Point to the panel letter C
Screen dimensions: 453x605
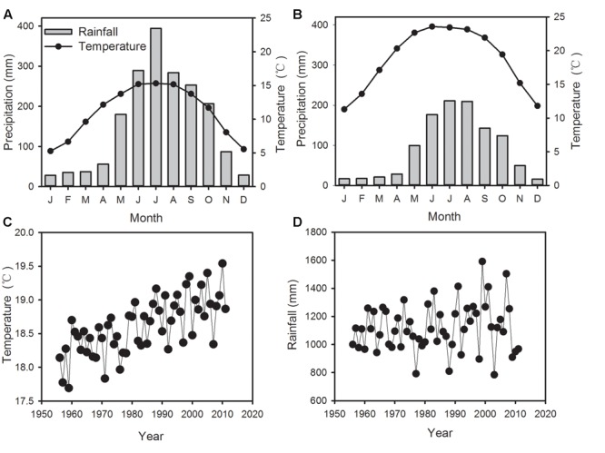7,222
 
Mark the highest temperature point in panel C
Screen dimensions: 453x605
222,263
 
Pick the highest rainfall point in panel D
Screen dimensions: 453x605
482,261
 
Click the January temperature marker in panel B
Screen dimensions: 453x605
343,109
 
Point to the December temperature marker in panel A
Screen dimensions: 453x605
243,149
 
